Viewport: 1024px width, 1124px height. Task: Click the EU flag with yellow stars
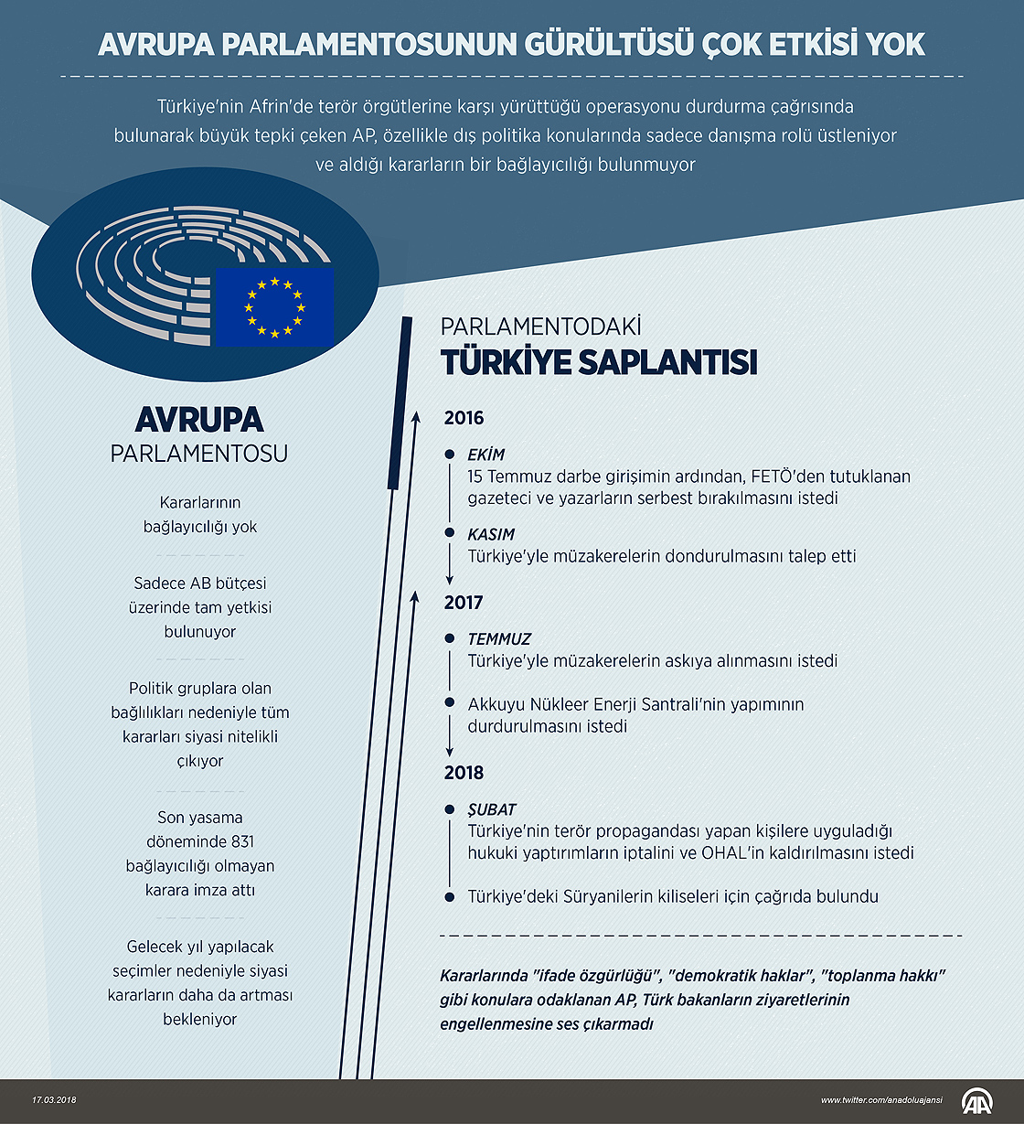273,308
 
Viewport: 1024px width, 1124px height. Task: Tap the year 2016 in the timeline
464,419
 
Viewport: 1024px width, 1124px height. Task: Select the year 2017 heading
464,603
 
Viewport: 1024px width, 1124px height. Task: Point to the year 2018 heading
464,774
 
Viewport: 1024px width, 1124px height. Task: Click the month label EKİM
485,455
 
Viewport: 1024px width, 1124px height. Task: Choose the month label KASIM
491,534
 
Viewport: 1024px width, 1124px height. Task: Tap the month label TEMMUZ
498,639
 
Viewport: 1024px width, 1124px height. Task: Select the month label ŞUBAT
492,809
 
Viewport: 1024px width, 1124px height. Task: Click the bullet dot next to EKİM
449,455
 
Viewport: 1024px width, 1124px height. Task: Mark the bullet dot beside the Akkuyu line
449,703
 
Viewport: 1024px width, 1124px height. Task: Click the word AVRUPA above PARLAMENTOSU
199,419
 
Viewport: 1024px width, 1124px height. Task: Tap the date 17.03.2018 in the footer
54,1100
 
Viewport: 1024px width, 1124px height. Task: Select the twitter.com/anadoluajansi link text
881,1100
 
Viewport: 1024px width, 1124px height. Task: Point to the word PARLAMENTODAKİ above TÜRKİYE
541,326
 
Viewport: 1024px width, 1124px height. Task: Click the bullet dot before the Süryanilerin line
449,897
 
